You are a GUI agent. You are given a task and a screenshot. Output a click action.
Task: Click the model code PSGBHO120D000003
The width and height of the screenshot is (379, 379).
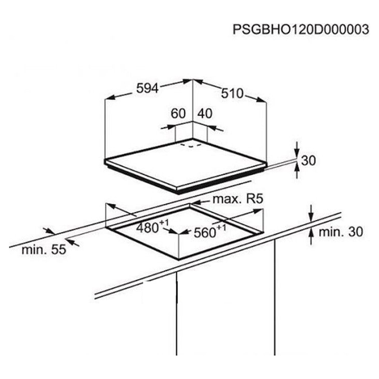point(301,29)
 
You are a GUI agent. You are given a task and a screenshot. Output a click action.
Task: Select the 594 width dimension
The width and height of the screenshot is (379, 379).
point(147,88)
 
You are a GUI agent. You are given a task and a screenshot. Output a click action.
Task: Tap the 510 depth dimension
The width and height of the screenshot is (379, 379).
point(232,93)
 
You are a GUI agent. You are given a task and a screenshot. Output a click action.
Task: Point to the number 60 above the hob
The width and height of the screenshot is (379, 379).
point(178,113)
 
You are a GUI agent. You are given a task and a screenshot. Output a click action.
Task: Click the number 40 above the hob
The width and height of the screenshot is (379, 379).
point(205,113)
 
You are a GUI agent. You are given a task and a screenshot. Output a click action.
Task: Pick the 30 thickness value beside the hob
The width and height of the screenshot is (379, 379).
point(308,160)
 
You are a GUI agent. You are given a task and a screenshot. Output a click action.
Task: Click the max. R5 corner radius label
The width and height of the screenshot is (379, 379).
point(238,199)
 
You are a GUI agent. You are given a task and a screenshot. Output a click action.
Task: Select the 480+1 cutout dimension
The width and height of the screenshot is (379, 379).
point(152,227)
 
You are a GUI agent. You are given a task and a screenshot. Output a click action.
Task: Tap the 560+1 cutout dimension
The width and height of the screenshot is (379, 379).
point(210,231)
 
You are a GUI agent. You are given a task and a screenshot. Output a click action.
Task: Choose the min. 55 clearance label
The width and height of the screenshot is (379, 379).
point(44,250)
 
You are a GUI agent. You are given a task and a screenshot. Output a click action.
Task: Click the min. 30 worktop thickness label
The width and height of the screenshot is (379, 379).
point(341,232)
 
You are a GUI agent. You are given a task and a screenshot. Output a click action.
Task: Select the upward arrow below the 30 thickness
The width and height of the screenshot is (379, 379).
point(297,170)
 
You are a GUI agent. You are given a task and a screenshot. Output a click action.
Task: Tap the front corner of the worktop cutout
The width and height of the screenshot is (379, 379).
point(179,259)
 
